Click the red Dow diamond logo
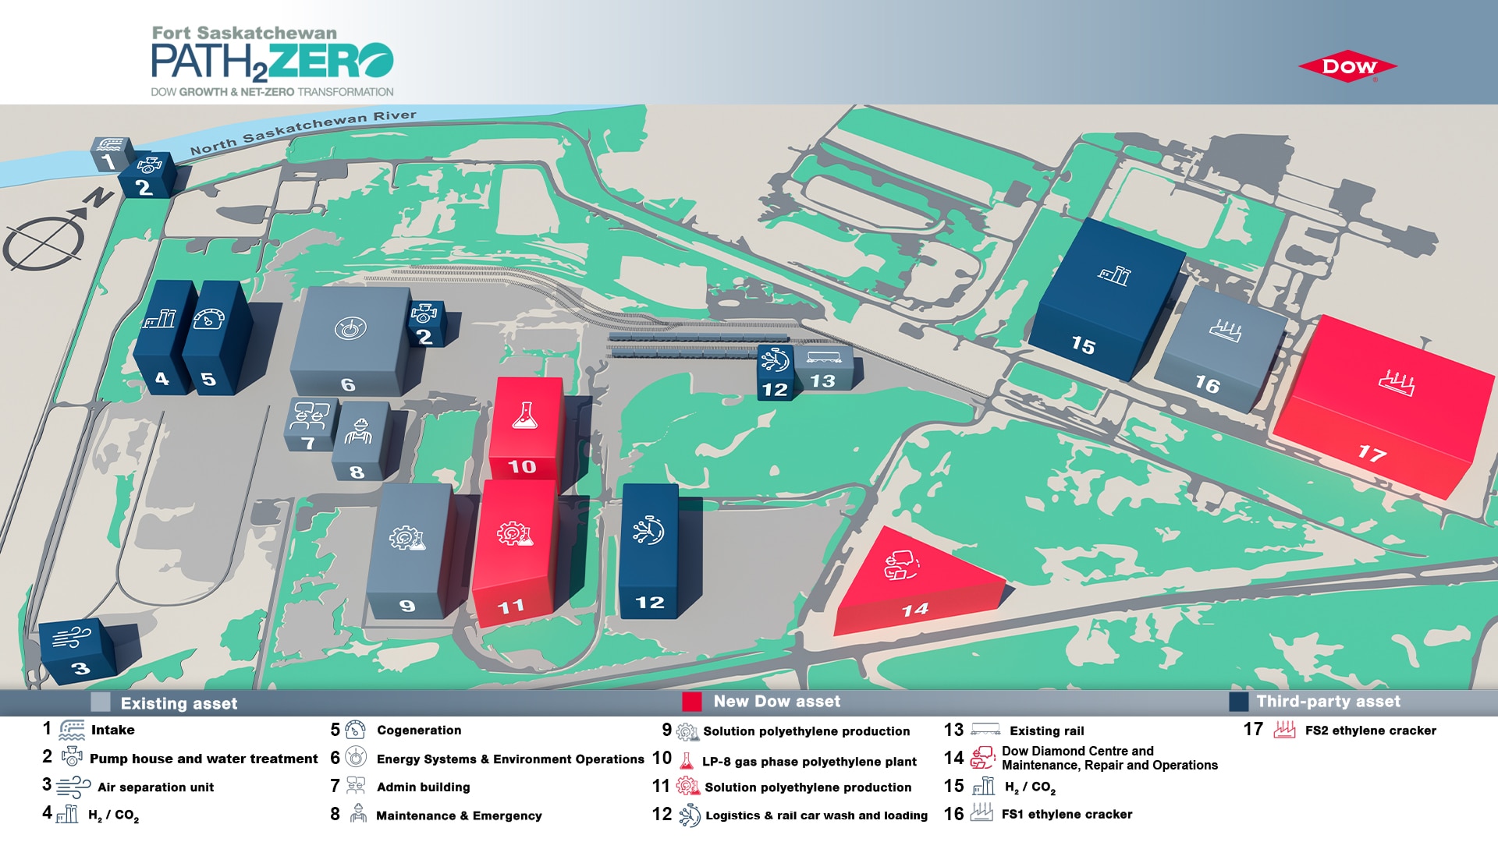click(1347, 68)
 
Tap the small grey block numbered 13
click(823, 369)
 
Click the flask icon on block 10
click(525, 416)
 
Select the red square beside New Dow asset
click(692, 702)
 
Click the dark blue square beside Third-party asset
click(1238, 702)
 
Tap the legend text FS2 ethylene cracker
click(1370, 731)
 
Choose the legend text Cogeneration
click(419, 731)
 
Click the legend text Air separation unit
click(155, 787)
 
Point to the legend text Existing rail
click(1046, 731)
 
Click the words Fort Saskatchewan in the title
click(244, 33)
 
